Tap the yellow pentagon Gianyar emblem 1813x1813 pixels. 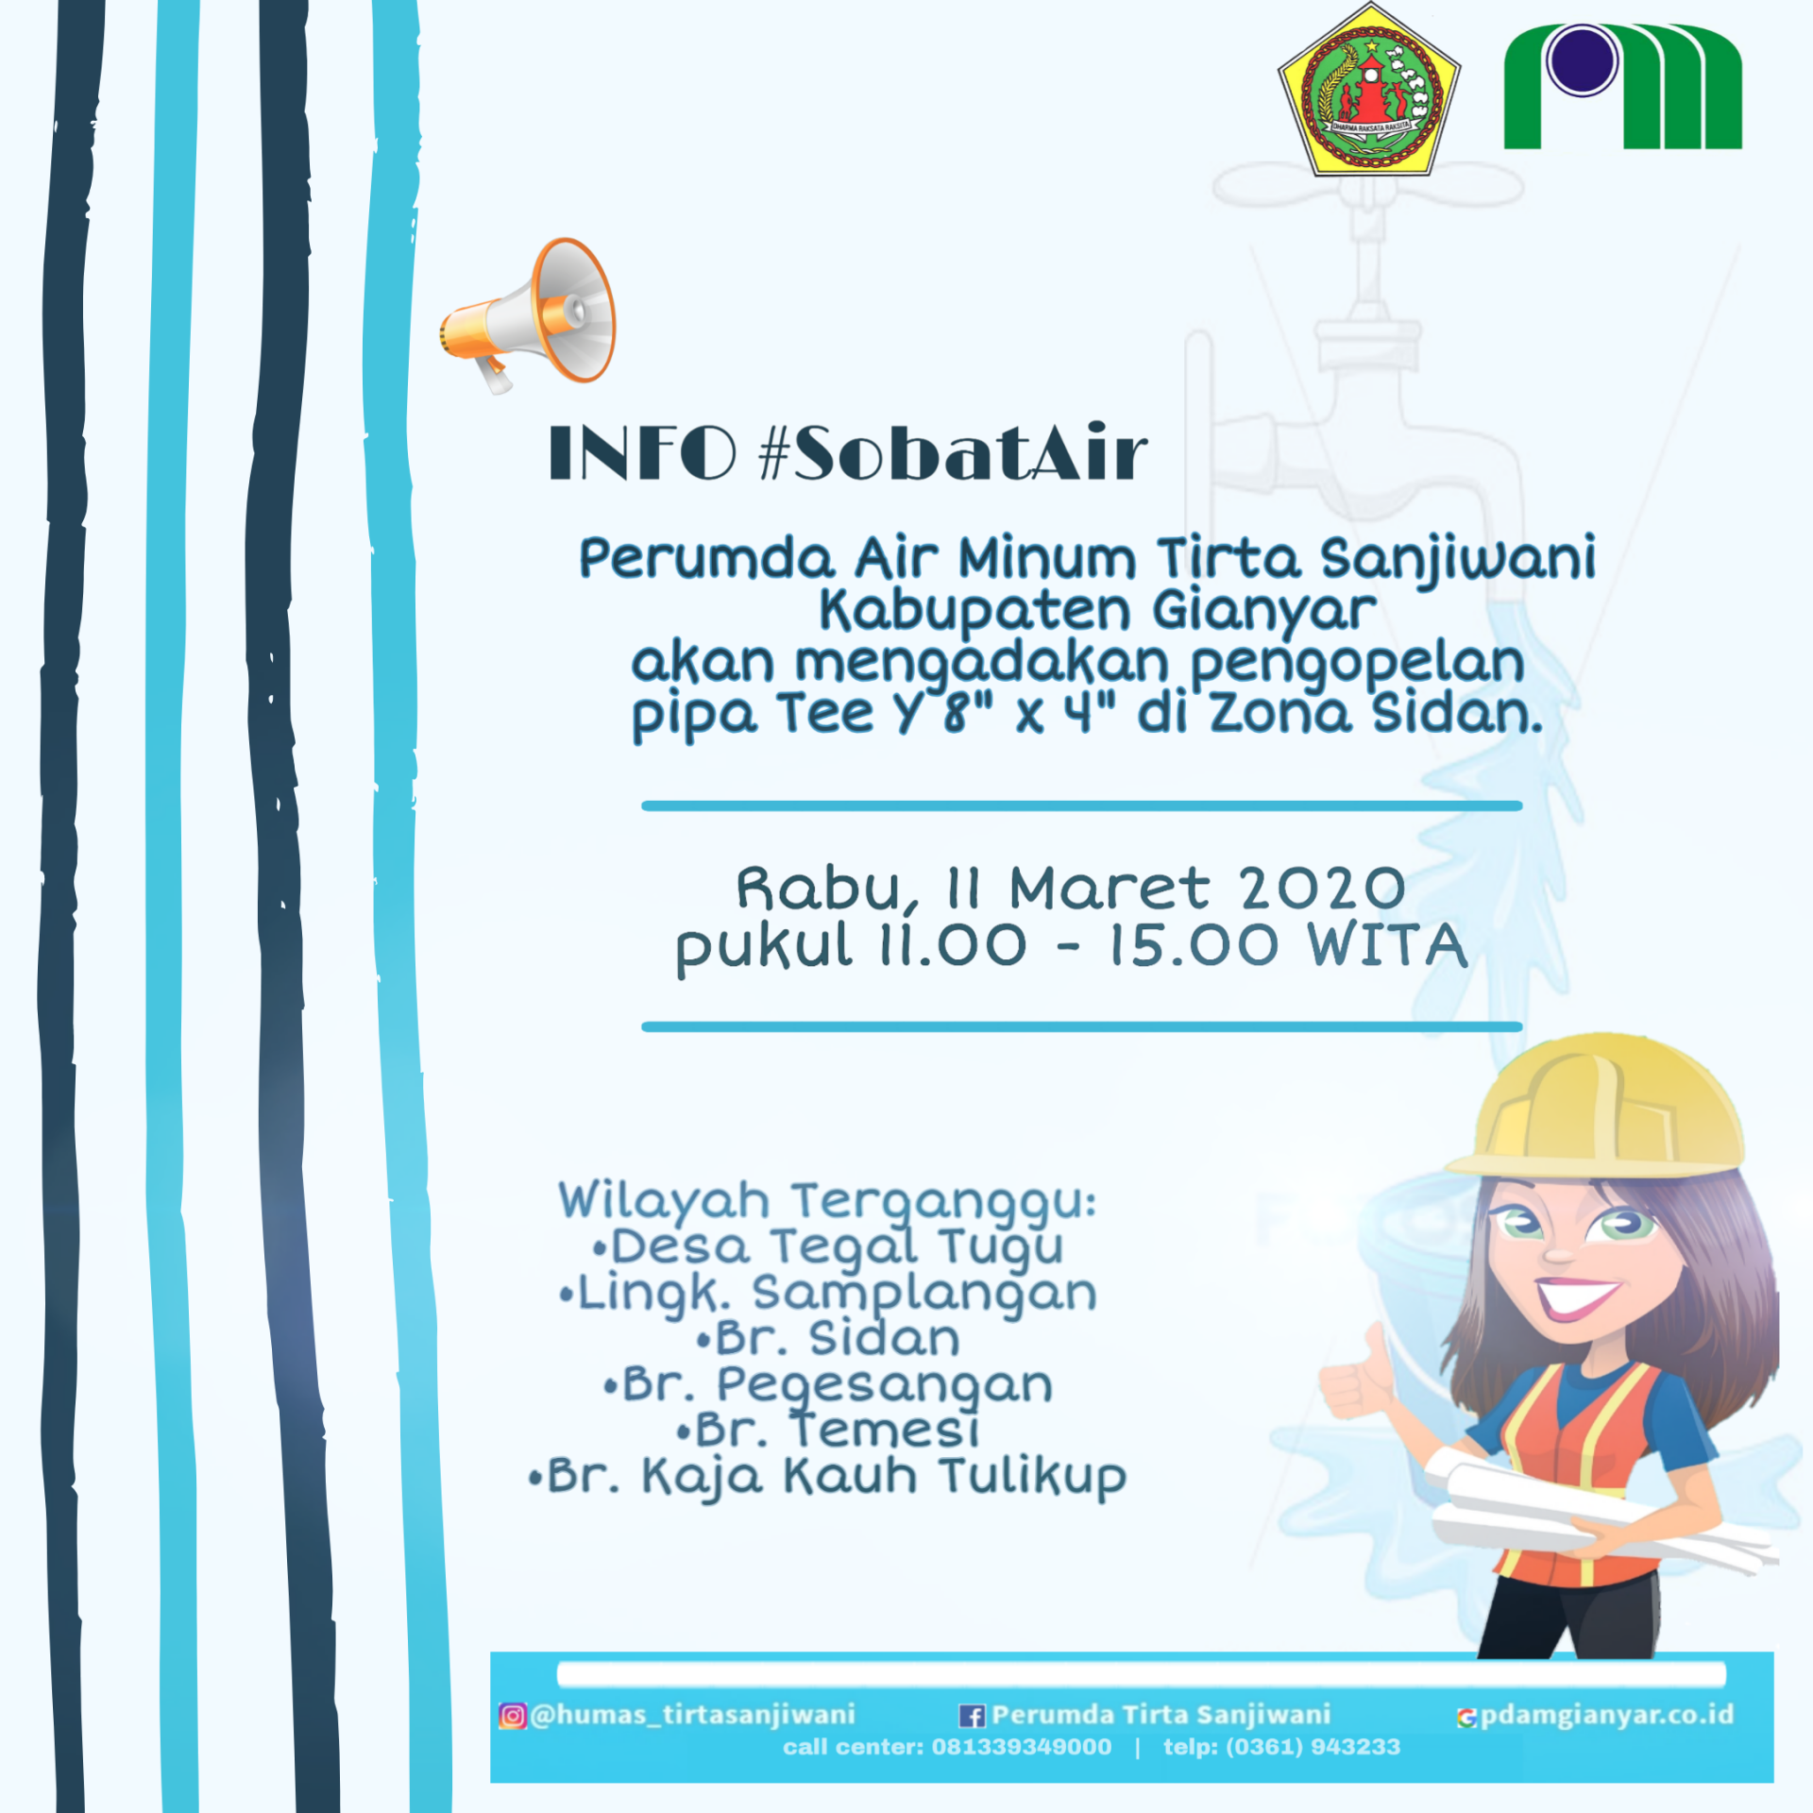[x=1369, y=92]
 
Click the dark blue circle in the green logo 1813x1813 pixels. [x=1582, y=59]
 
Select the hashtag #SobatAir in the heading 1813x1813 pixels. [x=954, y=453]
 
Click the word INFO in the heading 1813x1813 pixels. [x=642, y=453]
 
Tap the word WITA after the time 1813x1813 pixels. [x=1387, y=945]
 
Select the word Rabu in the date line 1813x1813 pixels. [x=818, y=889]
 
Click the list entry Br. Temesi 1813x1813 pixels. [x=829, y=1430]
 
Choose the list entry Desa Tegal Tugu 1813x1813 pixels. [x=827, y=1246]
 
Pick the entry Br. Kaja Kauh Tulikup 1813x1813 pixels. [x=827, y=1476]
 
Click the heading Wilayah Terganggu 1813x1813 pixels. [x=827, y=1201]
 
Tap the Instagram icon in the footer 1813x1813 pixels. [x=512, y=1716]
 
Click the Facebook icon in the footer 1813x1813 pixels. [x=972, y=1716]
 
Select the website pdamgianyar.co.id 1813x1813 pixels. [x=1606, y=1715]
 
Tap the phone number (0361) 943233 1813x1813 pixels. [x=1313, y=1747]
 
